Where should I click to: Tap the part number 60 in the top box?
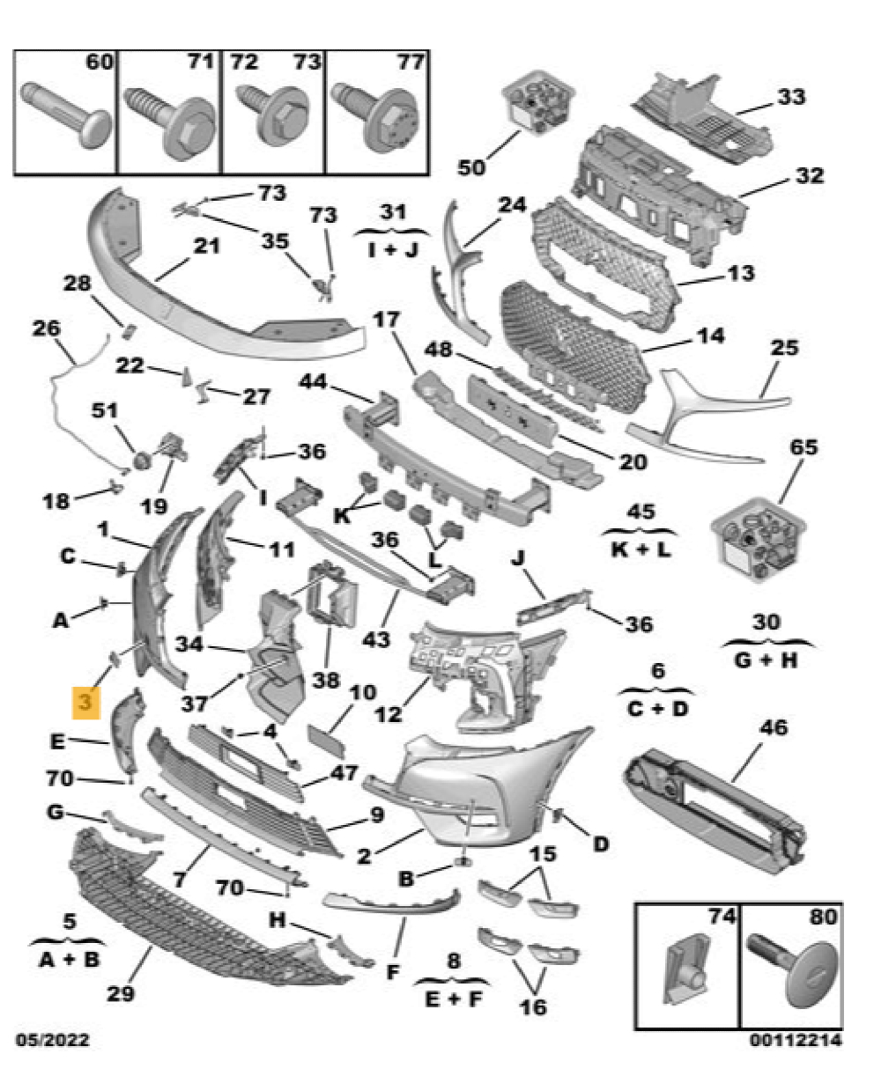click(x=100, y=63)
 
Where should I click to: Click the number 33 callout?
click(x=790, y=96)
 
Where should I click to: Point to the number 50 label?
click(x=472, y=166)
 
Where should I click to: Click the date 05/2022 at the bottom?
click(x=52, y=1041)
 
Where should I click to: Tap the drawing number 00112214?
click(x=795, y=1041)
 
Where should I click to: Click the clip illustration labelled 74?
click(x=687, y=973)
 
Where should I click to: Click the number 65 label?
click(x=803, y=447)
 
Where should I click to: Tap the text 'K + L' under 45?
click(x=640, y=550)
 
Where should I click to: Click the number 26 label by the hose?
click(x=46, y=329)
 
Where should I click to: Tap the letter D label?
click(x=600, y=844)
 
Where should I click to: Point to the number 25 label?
click(x=783, y=348)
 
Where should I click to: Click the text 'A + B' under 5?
click(x=70, y=959)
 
